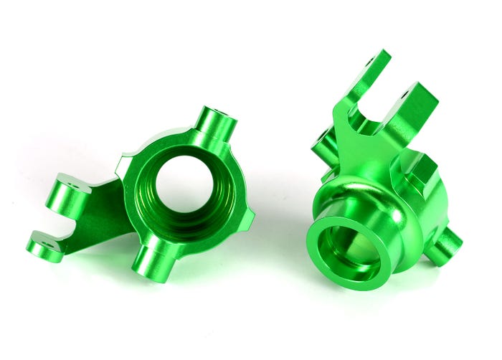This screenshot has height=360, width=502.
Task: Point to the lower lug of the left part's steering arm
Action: click(x=44, y=246)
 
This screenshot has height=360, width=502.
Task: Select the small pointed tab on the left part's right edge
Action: click(x=247, y=219)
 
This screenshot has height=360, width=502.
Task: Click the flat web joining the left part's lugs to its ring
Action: click(x=100, y=215)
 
